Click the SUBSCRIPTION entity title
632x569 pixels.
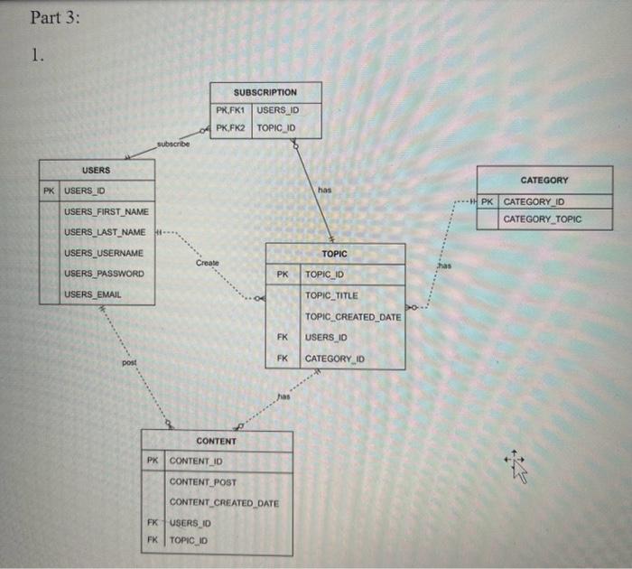(265, 92)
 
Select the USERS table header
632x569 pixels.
(96, 170)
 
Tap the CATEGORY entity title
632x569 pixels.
(544, 181)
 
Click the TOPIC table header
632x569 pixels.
(334, 254)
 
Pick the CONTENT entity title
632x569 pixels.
(217, 441)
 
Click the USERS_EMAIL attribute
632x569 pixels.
(93, 294)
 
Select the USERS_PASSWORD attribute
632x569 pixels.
(104, 274)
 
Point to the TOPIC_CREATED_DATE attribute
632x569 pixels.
(353, 316)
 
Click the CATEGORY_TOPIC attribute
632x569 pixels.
(543, 219)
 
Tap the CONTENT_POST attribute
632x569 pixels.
(203, 481)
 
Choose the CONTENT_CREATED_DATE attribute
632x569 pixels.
(224, 503)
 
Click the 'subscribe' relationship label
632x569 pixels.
(172, 145)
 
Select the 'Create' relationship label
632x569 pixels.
(207, 263)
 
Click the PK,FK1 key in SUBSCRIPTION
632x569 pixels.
(231, 111)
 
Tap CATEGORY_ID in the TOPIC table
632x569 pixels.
(335, 359)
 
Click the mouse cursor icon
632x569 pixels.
(519, 464)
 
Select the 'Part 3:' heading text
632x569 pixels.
(55, 18)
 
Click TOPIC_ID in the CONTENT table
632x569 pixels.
(191, 540)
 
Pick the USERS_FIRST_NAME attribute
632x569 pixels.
(106, 211)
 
